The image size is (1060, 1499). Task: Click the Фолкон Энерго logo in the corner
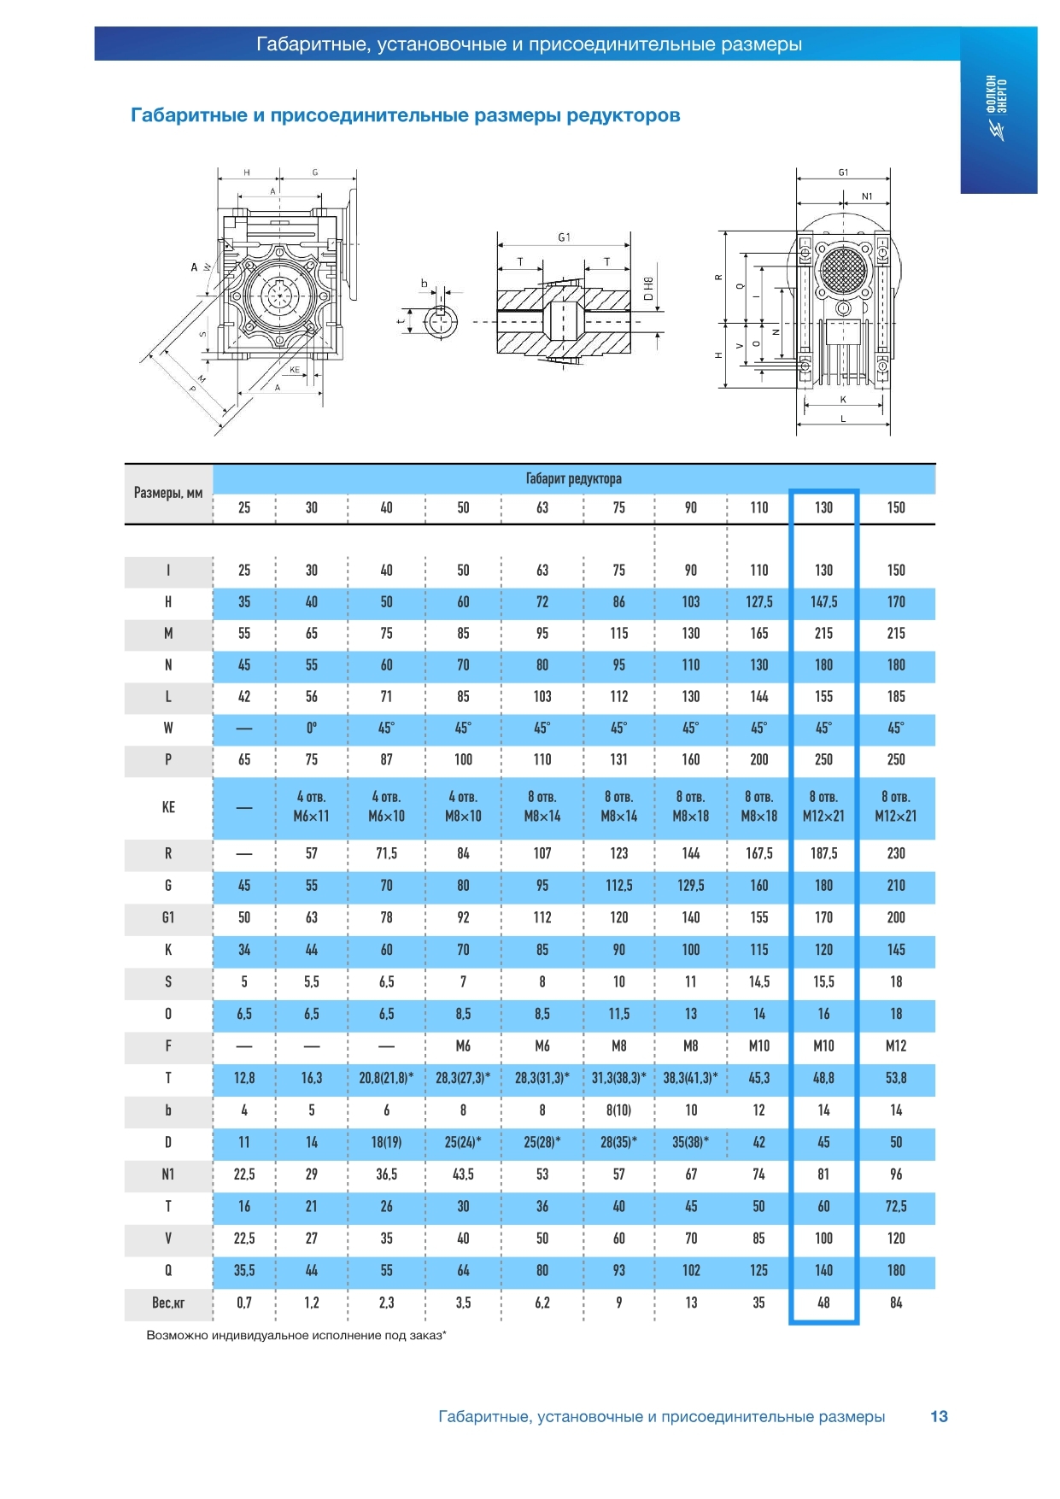998,108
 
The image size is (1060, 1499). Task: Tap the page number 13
939,1416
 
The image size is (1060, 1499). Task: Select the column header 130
823,507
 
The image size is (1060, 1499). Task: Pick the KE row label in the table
168,807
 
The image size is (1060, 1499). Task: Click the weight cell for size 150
896,1303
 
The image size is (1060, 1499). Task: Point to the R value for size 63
542,853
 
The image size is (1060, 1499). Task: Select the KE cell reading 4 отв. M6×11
311,806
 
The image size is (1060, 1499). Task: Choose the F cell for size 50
463,1045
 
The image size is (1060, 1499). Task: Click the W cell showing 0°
312,728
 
